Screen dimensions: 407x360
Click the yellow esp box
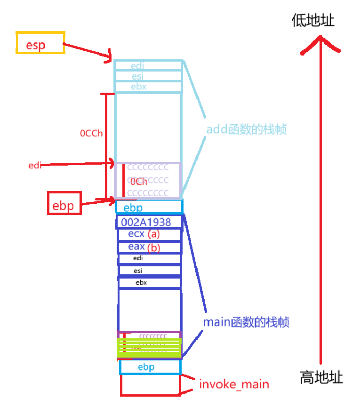point(40,43)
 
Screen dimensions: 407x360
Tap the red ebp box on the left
point(64,203)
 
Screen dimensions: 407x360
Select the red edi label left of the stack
point(35,165)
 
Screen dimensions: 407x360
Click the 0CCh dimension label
point(91,133)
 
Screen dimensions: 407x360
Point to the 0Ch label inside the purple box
point(139,182)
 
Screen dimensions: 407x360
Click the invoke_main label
point(234,384)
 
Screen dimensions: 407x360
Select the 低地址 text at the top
point(313,21)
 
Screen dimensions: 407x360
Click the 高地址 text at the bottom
point(321,377)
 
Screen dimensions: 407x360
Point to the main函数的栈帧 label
point(246,322)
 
